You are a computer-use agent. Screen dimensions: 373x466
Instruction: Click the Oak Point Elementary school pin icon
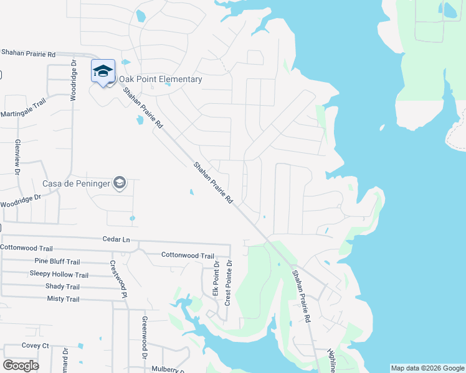[x=103, y=72]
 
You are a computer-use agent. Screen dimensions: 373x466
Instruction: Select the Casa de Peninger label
[x=75, y=183]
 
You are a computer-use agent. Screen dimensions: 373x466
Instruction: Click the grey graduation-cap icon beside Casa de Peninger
[x=120, y=183]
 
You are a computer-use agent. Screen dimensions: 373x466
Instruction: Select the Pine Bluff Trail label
[x=57, y=262]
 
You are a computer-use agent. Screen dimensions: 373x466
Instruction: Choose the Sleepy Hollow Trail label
[x=59, y=274]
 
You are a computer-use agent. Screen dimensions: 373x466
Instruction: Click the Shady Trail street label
[x=62, y=287]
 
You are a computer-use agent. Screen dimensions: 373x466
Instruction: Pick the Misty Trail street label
[x=63, y=299]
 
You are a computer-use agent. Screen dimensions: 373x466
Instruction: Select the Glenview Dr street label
[x=17, y=156]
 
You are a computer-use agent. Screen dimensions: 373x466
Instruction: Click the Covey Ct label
[x=35, y=346]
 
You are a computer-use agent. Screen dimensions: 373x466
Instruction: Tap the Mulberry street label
[x=169, y=369]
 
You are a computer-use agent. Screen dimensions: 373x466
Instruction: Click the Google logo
[x=21, y=366]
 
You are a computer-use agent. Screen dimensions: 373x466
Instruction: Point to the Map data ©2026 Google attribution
[x=427, y=368]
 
